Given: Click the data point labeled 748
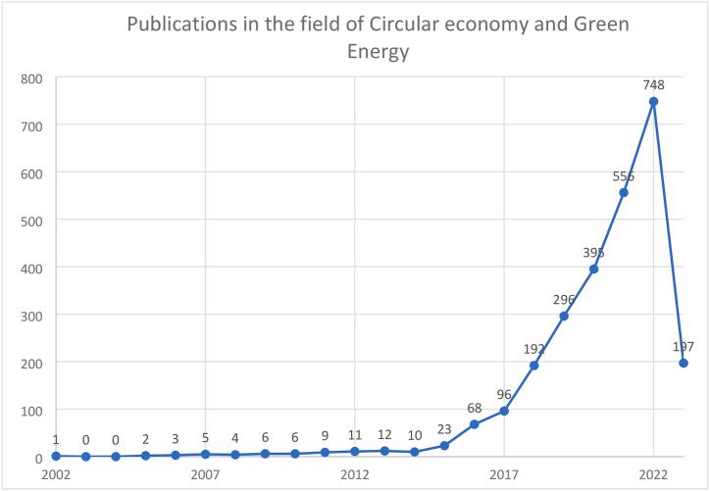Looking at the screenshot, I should click(x=653, y=101).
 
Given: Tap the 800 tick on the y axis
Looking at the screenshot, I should click(x=33, y=77).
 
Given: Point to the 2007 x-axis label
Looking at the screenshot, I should click(x=205, y=475).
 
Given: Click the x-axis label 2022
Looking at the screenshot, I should click(x=653, y=475).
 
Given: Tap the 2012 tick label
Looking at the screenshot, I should click(x=354, y=475).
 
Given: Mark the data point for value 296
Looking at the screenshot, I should click(x=564, y=316).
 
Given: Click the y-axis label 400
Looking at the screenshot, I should click(x=33, y=268).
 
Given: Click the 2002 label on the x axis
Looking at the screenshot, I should click(x=56, y=475).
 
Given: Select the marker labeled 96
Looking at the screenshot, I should click(x=504, y=411).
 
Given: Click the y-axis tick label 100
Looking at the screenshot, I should click(x=33, y=410).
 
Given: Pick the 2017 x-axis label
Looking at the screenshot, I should click(x=504, y=475).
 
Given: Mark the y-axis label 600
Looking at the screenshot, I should click(x=33, y=172).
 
